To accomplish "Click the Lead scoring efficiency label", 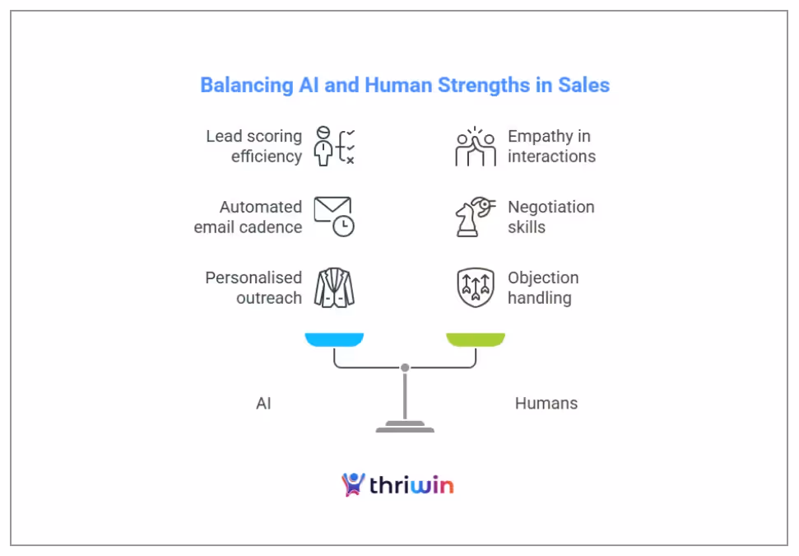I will pyautogui.click(x=253, y=146).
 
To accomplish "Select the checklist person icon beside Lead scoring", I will pyautogui.click(x=334, y=147).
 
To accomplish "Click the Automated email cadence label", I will pyautogui.click(x=248, y=217).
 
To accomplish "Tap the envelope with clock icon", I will pyautogui.click(x=333, y=217).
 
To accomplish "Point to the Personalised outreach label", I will pyautogui.click(x=253, y=287).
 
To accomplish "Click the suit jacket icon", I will pyautogui.click(x=334, y=287).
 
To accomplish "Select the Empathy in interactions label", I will pyautogui.click(x=551, y=146).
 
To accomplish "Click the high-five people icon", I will pyautogui.click(x=476, y=147).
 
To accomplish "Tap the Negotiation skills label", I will pyautogui.click(x=550, y=217).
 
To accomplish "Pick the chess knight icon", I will pyautogui.click(x=475, y=217).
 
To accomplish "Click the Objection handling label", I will pyautogui.click(x=543, y=287).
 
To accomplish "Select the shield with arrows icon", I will pyautogui.click(x=476, y=287).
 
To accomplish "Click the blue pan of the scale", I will pyautogui.click(x=334, y=339).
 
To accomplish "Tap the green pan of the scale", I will pyautogui.click(x=476, y=339).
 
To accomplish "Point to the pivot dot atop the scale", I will pyautogui.click(x=405, y=367).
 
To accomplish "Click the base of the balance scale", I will pyautogui.click(x=405, y=428).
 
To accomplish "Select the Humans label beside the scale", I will pyautogui.click(x=546, y=404).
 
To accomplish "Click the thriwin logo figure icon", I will pyautogui.click(x=353, y=484).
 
